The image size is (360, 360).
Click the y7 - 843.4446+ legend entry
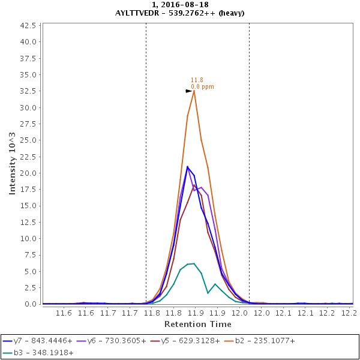tap(37, 341)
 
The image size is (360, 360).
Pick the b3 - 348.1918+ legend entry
tap(37, 353)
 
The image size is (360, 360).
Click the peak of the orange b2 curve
tap(194, 91)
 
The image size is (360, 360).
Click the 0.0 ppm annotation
tap(202, 87)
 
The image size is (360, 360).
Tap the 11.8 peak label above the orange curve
tap(197, 80)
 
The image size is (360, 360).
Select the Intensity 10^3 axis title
tap(12, 164)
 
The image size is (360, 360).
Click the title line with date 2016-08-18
tap(179, 5)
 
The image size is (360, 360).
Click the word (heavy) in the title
tap(230, 13)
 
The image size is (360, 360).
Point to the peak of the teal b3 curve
tap(194, 263)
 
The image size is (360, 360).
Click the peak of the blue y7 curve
tap(187, 166)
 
